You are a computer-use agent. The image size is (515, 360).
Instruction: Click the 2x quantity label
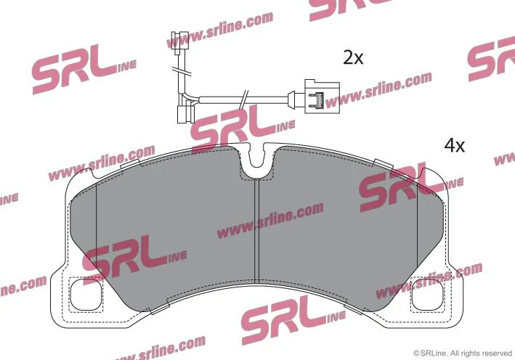pyautogui.click(x=353, y=57)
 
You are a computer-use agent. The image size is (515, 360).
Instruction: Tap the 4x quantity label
pyautogui.click(x=455, y=145)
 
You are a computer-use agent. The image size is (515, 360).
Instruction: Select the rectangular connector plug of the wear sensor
pyautogui.click(x=322, y=97)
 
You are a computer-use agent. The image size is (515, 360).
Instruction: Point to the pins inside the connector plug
pyautogui.click(x=317, y=99)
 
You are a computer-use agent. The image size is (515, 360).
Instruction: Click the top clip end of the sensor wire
pyautogui.click(x=180, y=43)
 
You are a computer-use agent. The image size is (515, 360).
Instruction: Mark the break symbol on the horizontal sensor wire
pyautogui.click(x=244, y=99)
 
